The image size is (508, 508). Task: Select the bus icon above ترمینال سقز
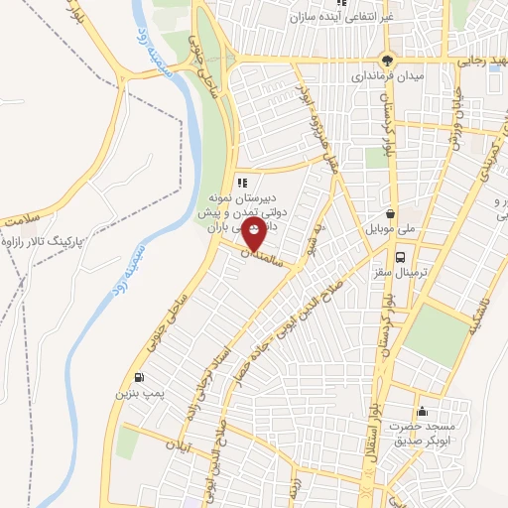[399, 256]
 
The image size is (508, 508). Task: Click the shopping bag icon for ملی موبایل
[393, 212]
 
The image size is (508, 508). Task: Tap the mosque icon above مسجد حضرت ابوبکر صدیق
[423, 411]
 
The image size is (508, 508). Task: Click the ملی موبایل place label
[395, 229]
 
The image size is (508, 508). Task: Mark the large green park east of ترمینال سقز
[436, 332]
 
